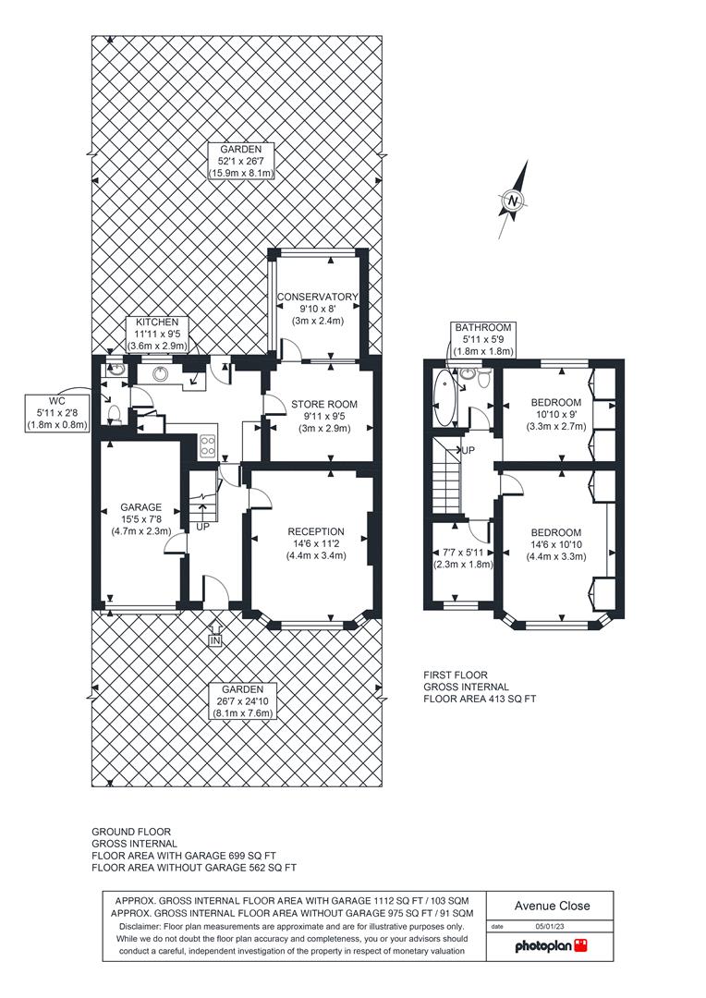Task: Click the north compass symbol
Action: pos(514,201)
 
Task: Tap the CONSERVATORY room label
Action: pos(318,297)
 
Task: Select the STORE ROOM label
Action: pos(324,404)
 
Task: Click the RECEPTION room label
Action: pos(316,532)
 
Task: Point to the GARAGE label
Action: pos(140,507)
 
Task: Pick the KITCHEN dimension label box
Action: pos(157,335)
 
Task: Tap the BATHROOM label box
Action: pos(483,339)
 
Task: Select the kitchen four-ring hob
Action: pos(208,444)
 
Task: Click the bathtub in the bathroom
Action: pos(443,398)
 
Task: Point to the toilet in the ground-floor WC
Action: pos(115,414)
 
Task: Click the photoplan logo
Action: pos(551,946)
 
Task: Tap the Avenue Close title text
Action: pos(552,906)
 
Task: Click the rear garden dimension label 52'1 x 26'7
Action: pos(241,161)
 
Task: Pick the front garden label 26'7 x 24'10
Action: pos(242,701)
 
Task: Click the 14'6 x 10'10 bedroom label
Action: pos(555,545)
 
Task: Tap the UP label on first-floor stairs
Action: pos(468,451)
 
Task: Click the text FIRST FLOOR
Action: pos(456,675)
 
